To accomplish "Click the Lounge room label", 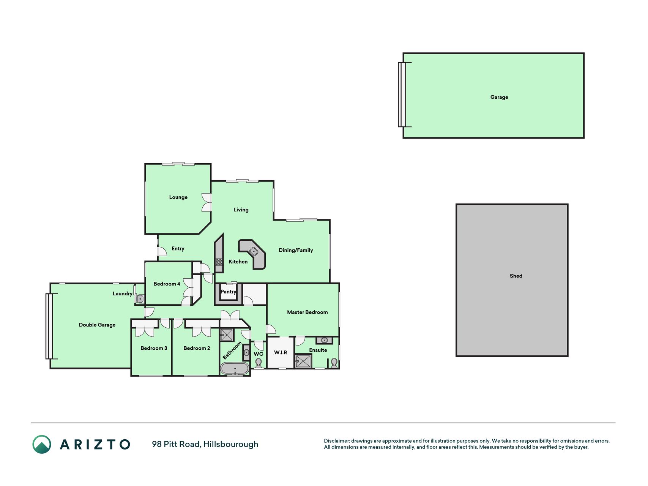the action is coord(178,197).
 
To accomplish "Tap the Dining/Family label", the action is coord(296,250).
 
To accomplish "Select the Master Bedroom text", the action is coord(307,312).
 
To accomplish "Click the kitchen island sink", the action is coord(253,251).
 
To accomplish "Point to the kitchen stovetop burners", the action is coord(219,262).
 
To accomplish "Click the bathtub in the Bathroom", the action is coord(235,369).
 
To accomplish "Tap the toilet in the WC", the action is coord(259,364).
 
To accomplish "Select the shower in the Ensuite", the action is coord(303,361).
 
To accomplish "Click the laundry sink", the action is coord(140,299).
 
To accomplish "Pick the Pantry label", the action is coord(229,292).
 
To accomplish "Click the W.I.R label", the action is coord(281,352).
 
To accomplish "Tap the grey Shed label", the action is coord(516,276).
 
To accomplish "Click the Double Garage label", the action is coord(97,325).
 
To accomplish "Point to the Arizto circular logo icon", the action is coord(42,444).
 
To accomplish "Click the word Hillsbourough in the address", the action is coord(231,444).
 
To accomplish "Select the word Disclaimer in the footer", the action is coord(337,441).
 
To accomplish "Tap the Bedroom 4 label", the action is coord(167,284).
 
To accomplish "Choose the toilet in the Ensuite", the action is coord(334,363).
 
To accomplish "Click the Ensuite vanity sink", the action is coord(324,340).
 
